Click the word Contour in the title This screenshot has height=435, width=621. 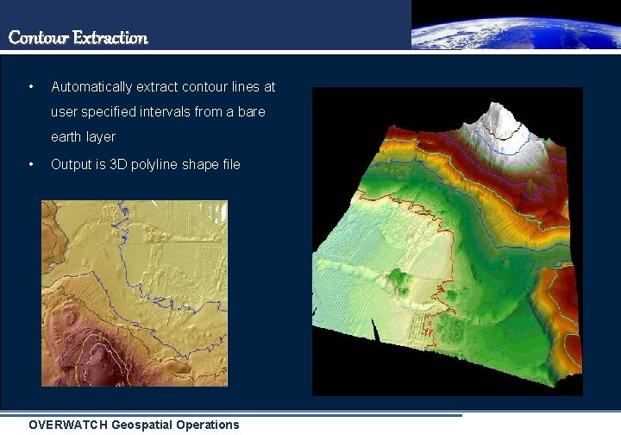pos(39,38)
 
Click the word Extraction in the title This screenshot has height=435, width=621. pos(110,38)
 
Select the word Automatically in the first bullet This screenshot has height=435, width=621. pos(91,87)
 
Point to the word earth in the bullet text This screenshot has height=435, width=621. pos(66,137)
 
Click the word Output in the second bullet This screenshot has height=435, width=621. pos(71,164)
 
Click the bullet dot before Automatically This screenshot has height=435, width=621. pos(31,87)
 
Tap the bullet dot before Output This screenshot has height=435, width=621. pos(31,164)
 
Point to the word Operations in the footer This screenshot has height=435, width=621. pos(210,425)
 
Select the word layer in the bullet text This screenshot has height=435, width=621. pos(101,137)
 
